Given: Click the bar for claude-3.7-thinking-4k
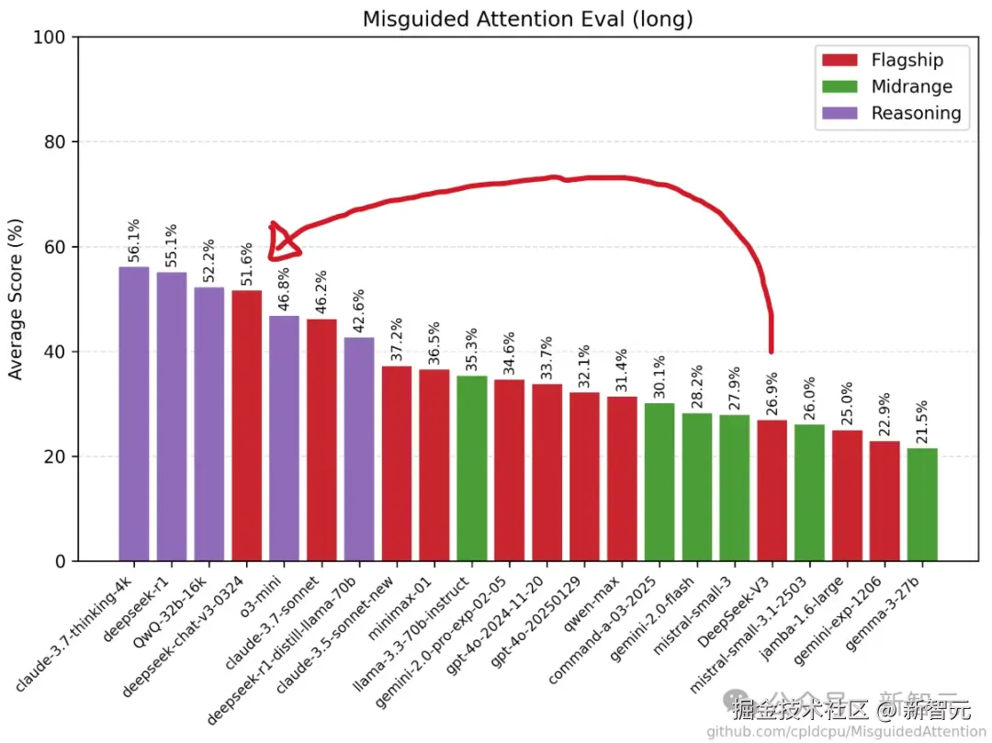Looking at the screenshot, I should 134,413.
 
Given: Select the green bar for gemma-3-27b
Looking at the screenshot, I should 921,504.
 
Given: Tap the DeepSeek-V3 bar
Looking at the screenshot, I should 772,490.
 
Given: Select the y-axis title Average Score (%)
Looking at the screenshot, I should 16,299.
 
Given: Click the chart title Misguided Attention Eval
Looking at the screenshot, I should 527,18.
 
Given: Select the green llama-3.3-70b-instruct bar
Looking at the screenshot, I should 472,468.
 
